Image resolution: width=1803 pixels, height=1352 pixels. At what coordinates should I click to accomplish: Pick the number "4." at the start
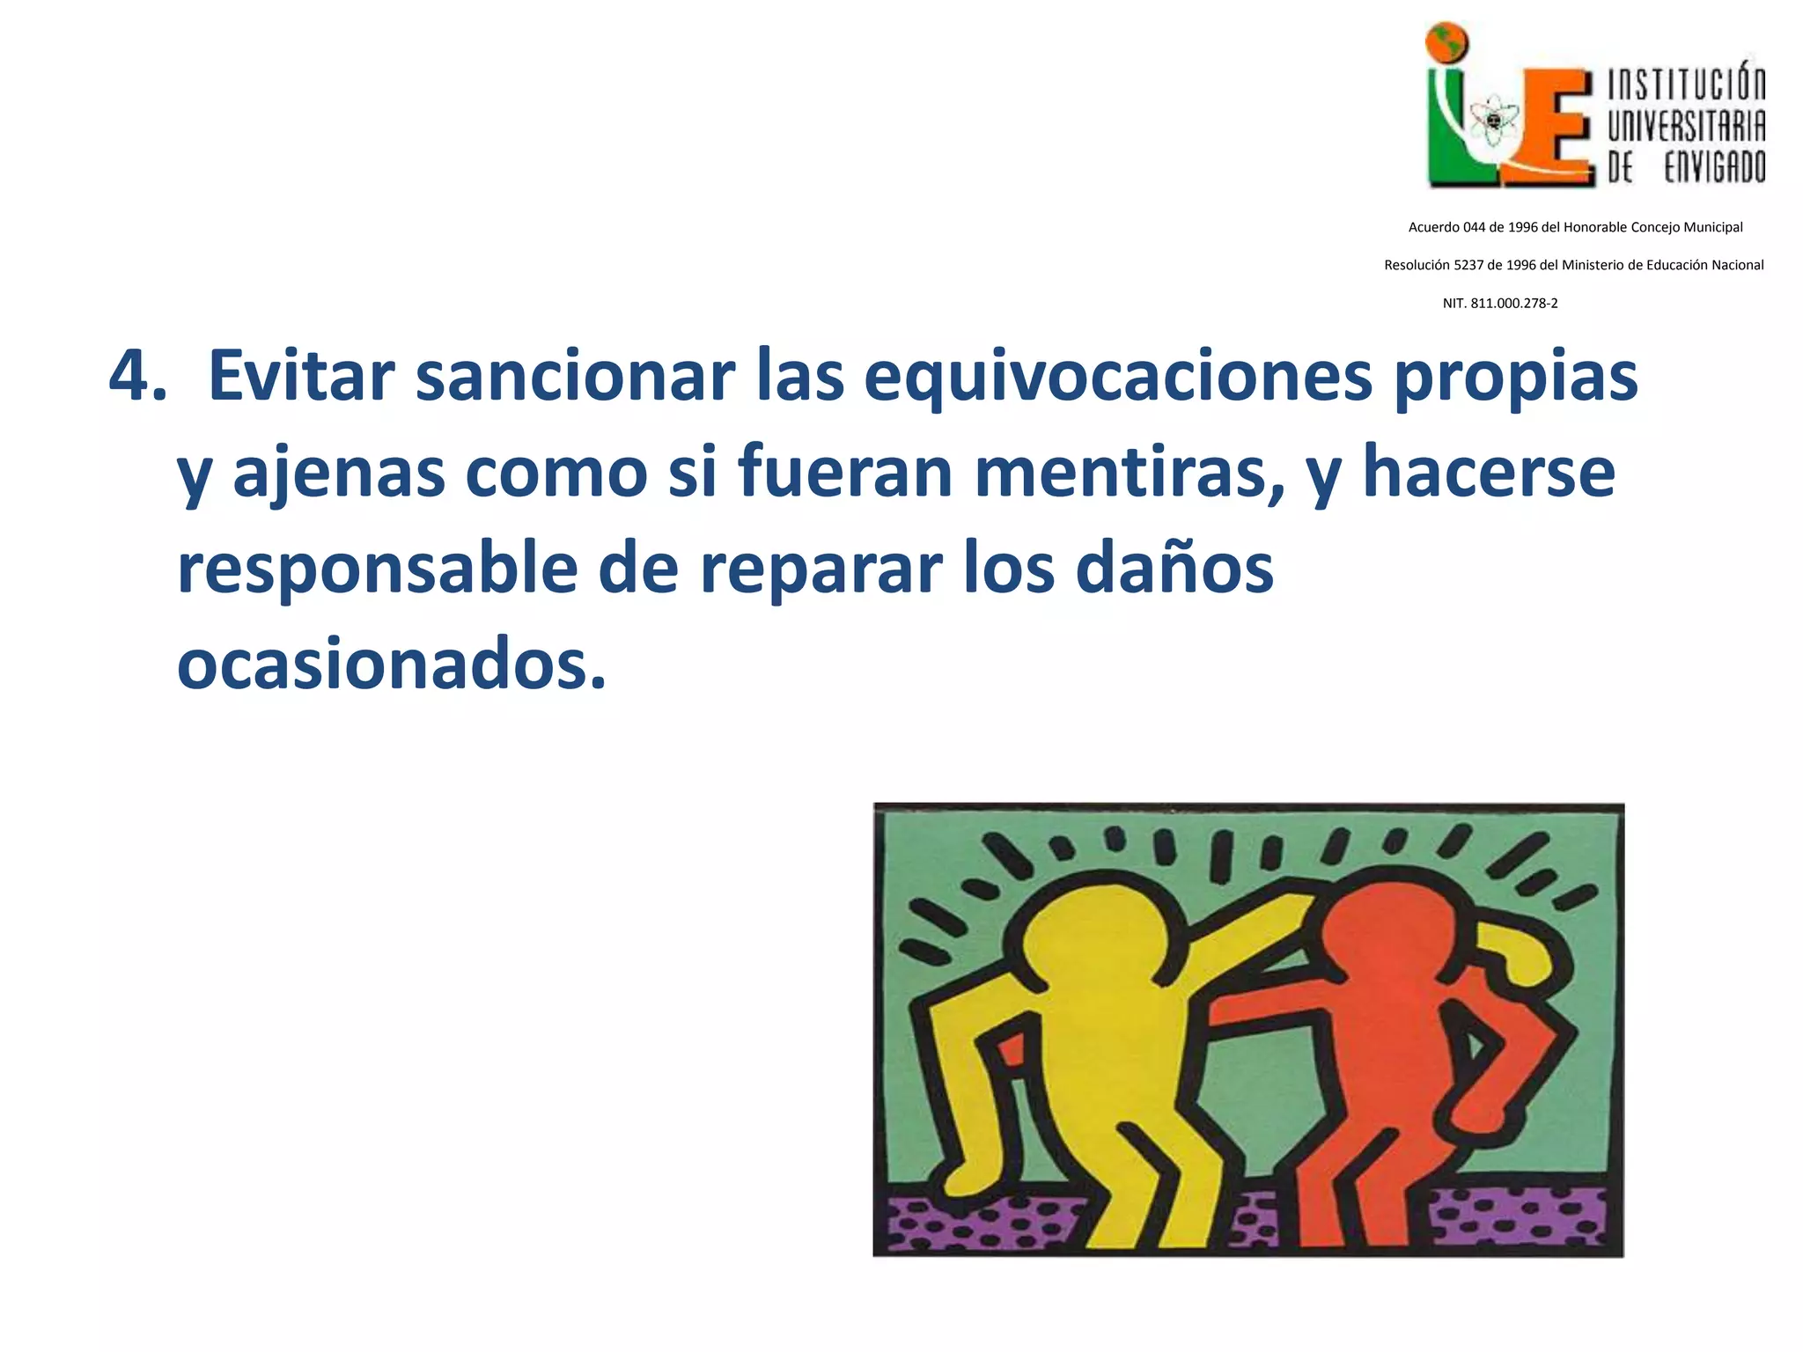point(137,377)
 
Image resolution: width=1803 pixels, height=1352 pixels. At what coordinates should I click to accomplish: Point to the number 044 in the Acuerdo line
point(1474,227)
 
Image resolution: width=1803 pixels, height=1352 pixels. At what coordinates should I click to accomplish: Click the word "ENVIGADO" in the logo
point(1714,165)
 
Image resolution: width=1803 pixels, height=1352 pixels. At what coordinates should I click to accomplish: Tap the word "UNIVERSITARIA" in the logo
point(1687,125)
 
